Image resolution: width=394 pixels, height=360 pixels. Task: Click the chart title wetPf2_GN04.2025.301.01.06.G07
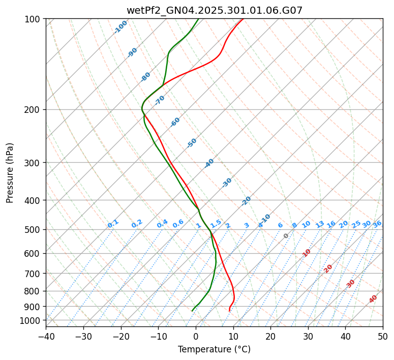coord(214,10)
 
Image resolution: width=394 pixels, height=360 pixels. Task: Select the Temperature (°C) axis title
coord(214,350)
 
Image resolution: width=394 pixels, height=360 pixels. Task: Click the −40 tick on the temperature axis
coord(46,336)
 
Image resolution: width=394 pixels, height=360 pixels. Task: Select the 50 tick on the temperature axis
coord(383,336)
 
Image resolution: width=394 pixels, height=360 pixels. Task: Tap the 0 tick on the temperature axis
coord(196,336)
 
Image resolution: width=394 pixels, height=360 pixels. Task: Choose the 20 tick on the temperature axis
coord(270,336)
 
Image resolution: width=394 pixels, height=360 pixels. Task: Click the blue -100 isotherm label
coord(120,27)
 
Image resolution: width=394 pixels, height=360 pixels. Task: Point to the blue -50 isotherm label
coord(192,143)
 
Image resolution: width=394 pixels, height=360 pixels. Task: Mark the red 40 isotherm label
coord(373,299)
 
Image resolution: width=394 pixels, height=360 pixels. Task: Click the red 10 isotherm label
coord(307,253)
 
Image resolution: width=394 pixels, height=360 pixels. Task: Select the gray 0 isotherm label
coord(286,236)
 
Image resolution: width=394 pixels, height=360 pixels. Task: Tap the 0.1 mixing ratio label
coord(113,223)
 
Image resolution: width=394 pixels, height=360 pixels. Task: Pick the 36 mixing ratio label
coord(377,224)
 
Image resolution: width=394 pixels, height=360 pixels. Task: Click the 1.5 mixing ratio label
coord(216,223)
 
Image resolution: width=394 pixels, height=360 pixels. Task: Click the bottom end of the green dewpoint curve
coord(192,311)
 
